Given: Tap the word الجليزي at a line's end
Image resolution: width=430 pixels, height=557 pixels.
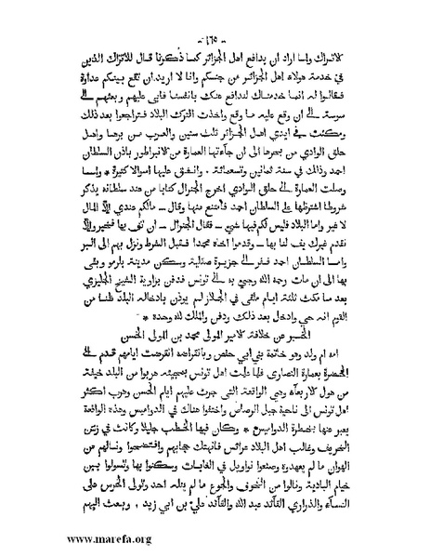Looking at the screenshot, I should (x=90, y=264).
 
